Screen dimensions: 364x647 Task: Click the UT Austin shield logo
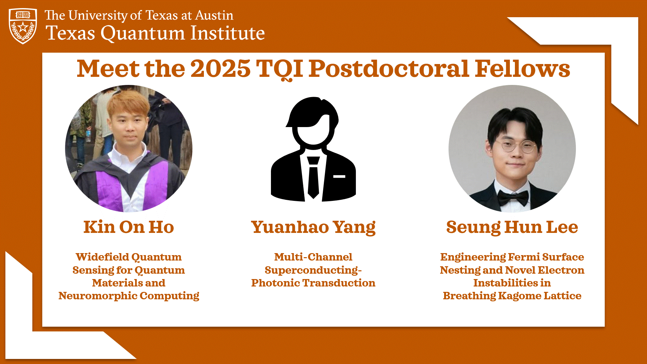(23, 26)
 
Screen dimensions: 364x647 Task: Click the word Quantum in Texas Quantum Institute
(143, 33)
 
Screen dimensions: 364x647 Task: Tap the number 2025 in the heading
(220, 69)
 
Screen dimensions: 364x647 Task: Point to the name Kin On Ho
(129, 227)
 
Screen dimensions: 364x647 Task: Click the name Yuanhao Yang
(313, 227)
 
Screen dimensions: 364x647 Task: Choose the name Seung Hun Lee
(512, 227)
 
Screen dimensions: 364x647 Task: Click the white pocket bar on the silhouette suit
(339, 176)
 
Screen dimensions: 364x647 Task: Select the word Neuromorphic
(97, 296)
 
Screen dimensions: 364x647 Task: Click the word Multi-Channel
(313, 257)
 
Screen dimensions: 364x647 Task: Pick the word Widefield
(102, 257)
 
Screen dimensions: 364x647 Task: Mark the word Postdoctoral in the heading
(389, 69)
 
